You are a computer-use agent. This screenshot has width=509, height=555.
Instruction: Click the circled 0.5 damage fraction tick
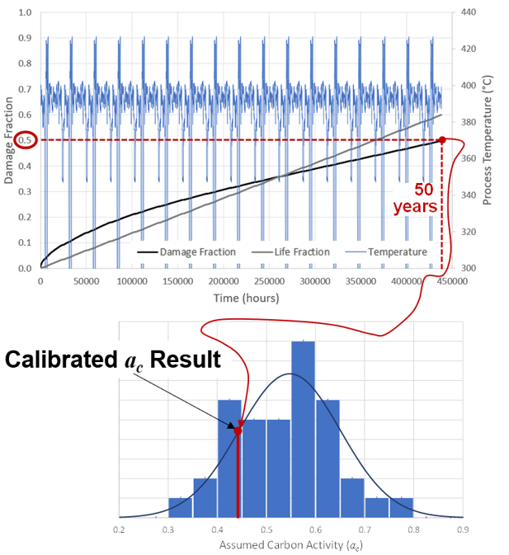(x=27, y=140)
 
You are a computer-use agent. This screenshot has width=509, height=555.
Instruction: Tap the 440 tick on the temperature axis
(x=469, y=13)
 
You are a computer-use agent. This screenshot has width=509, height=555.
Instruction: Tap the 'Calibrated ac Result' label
(x=113, y=360)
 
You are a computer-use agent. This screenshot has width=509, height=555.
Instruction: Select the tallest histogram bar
(x=303, y=429)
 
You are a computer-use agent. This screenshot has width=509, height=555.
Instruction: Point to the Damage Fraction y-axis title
(x=8, y=140)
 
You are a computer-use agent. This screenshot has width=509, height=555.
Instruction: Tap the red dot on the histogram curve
(x=238, y=430)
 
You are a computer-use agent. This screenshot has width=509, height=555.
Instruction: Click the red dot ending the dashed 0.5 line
(x=442, y=140)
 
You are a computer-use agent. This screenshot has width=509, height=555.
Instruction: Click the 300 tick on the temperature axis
(x=469, y=268)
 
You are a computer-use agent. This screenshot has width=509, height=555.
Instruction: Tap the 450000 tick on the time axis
(x=450, y=280)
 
